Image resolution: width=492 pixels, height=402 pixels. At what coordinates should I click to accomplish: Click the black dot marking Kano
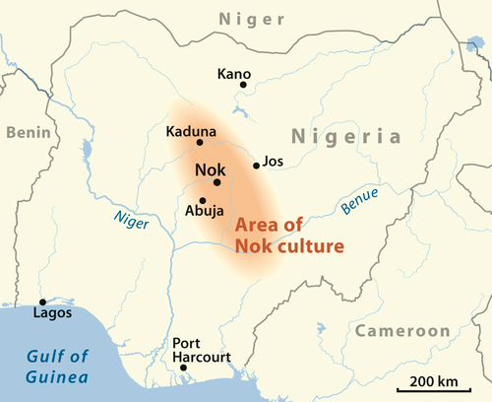[243, 85]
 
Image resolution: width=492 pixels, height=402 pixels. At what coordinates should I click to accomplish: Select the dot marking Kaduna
[200, 143]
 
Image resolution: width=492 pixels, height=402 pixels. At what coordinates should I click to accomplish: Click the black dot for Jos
[257, 166]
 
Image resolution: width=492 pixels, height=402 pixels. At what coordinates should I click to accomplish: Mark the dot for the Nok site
[216, 182]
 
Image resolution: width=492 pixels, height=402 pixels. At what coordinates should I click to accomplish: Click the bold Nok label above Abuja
[211, 168]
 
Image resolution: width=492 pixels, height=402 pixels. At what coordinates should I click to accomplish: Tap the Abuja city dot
[202, 200]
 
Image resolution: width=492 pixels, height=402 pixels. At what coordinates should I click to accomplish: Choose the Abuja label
[206, 210]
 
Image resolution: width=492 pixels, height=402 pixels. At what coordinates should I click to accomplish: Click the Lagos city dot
[41, 301]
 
